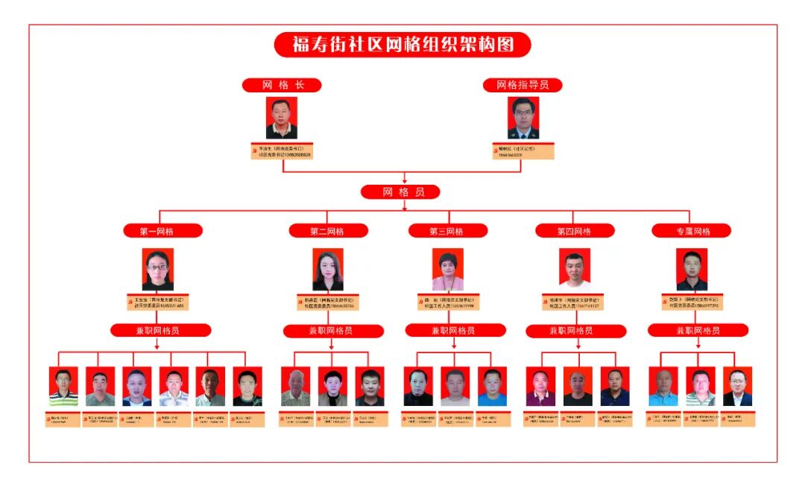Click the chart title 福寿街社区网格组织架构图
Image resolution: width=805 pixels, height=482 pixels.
point(402,45)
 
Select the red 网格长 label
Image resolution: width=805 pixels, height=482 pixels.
point(282,85)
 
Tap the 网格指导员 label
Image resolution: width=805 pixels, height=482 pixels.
point(523,85)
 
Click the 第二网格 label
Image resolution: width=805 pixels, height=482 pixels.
point(328,231)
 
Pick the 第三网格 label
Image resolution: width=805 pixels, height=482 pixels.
point(447,231)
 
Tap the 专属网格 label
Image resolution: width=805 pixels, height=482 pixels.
point(691,231)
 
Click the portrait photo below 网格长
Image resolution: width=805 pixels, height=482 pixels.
point(282,118)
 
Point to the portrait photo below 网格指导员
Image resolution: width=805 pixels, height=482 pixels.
point(523,118)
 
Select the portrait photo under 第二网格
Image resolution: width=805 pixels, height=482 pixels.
point(328,269)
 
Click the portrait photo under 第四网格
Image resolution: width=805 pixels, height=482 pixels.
point(575,269)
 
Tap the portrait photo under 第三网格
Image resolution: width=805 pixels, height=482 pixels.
point(447,269)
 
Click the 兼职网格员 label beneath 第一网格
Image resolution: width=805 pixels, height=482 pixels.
point(160,330)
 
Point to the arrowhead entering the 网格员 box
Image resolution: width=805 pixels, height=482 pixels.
point(403,181)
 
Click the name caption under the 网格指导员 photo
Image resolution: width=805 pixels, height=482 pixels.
point(523,151)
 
